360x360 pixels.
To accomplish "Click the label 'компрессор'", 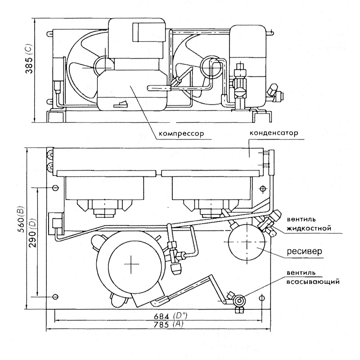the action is tap(181, 133).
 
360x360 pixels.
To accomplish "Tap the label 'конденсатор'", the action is tap(274, 133).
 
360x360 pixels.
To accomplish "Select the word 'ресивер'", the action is tap(305, 251).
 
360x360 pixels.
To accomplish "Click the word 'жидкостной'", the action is tap(309, 229).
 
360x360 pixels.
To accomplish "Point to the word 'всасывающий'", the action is tap(313, 282).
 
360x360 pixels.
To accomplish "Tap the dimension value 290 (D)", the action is tap(32, 234).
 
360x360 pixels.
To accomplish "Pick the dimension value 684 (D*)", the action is tap(171, 316).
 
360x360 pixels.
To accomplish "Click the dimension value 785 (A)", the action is tap(169, 324).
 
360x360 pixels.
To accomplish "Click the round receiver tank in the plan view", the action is tap(247, 242).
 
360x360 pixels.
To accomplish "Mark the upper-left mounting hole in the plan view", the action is tap(55, 188).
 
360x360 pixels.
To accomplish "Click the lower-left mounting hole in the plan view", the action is tap(55, 297).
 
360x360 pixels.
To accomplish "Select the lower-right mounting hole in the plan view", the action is tap(262, 298).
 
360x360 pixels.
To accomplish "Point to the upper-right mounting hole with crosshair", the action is tap(263, 189).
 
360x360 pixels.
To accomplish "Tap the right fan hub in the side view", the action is tap(211, 67).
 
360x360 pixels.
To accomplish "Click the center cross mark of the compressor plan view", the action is tap(131, 264).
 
